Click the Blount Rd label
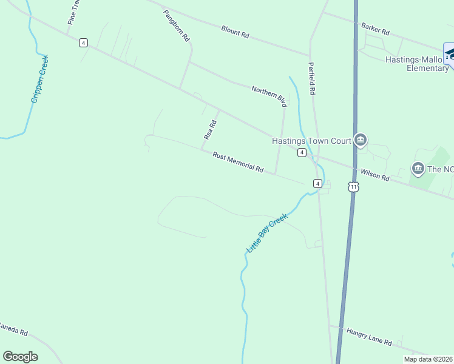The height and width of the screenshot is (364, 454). tap(235, 32)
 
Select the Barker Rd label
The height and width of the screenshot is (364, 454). tap(375, 28)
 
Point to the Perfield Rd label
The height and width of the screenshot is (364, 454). tap(312, 78)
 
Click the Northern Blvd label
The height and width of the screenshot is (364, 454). tap(269, 96)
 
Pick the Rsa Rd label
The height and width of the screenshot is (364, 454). tap(211, 130)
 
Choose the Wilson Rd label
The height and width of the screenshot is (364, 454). tap(374, 175)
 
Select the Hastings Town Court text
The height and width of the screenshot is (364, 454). tap(311, 141)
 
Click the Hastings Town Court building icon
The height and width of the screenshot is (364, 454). tap(361, 141)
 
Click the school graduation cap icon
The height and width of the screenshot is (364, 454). tap(450, 54)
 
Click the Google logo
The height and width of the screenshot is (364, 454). tap(21, 357)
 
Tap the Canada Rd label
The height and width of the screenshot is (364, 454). tap(13, 329)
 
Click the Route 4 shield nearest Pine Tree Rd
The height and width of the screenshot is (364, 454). tap(83, 42)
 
